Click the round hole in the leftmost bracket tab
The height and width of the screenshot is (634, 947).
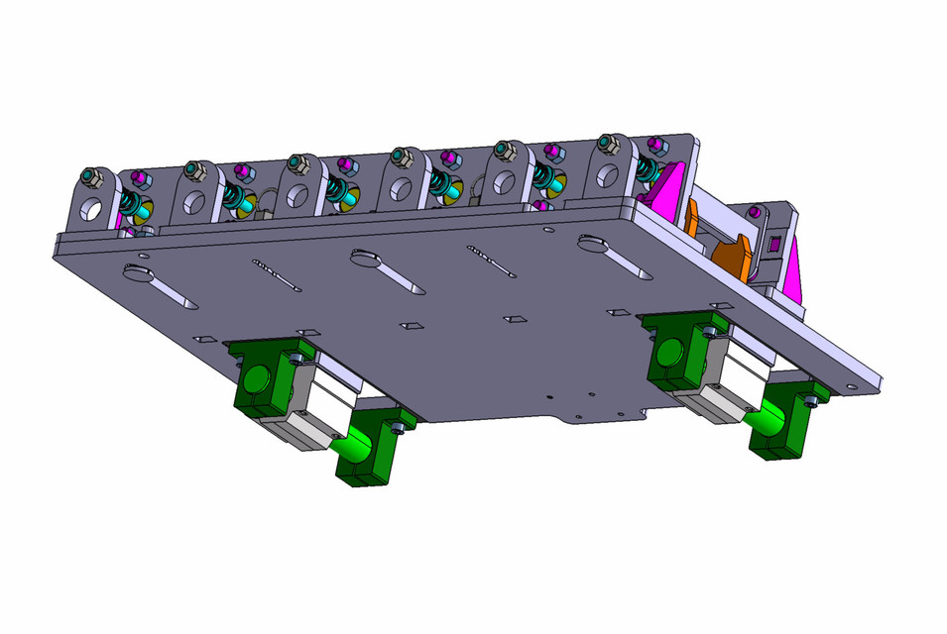(91, 210)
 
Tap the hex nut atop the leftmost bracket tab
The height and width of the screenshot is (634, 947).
(91, 177)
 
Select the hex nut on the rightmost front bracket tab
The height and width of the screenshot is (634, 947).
(607, 145)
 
